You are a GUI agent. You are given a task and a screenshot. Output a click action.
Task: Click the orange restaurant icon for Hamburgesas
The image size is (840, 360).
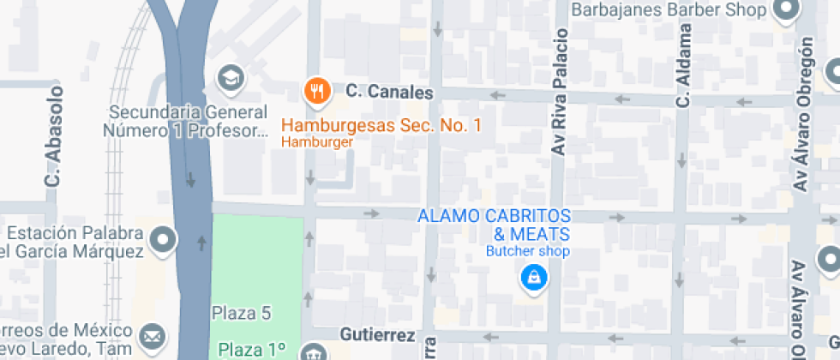(318, 89)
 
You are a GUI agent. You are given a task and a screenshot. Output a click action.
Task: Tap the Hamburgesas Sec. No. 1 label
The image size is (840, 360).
(381, 126)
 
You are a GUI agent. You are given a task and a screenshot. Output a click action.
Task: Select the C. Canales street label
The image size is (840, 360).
(389, 91)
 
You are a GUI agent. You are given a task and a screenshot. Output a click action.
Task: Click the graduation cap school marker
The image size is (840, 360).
(231, 79)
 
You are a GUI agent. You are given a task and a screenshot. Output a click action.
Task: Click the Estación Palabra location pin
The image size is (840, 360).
(162, 241)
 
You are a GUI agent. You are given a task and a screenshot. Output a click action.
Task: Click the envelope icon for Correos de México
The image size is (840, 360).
(153, 335)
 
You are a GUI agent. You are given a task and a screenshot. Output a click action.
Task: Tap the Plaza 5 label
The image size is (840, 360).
(242, 313)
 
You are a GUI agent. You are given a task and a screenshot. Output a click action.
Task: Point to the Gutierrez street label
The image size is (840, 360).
(377, 334)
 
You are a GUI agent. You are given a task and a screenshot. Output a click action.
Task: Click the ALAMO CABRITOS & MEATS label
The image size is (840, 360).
(494, 225)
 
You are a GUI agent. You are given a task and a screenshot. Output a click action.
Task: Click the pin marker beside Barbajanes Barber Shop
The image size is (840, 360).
(785, 9)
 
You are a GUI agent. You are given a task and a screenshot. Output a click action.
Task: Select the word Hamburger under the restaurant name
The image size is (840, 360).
(317, 142)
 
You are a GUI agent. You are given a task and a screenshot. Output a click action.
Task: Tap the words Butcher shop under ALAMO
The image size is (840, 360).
(528, 251)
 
